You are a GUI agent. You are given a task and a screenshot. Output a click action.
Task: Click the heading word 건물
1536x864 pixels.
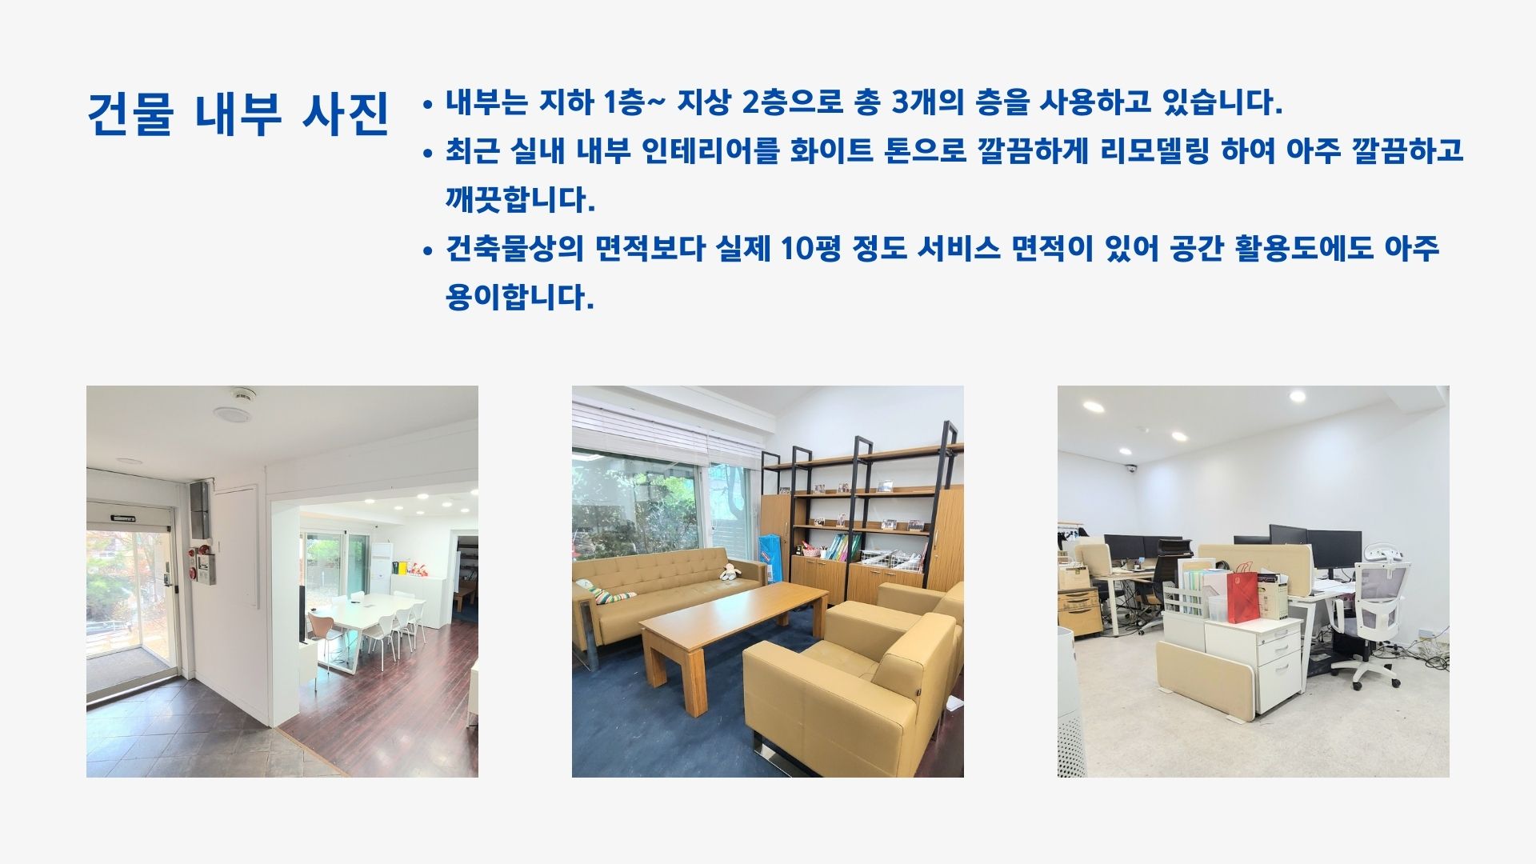click(131, 114)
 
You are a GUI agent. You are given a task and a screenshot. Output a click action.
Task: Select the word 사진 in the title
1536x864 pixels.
click(346, 114)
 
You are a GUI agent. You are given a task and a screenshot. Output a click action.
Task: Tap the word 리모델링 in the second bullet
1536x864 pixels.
click(1154, 150)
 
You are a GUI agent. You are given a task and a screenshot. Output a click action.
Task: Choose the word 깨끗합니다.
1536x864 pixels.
click(520, 199)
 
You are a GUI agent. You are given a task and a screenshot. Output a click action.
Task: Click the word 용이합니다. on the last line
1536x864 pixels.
click(520, 298)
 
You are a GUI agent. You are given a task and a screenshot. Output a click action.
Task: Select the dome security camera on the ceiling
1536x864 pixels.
click(1131, 470)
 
